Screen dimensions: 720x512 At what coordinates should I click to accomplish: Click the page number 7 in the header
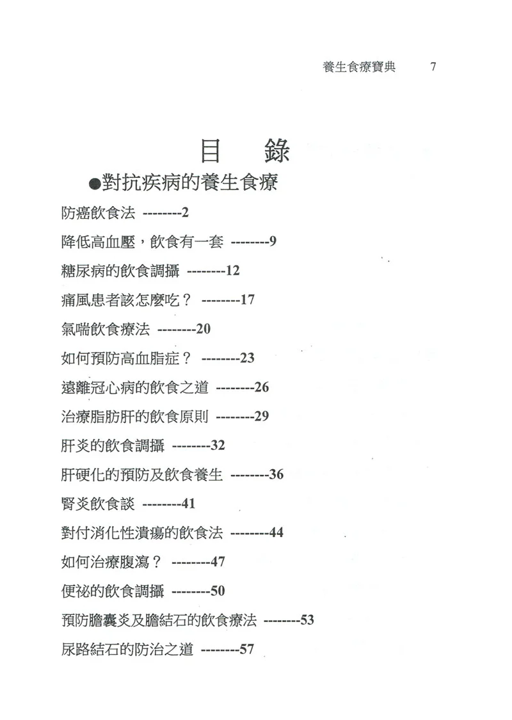point(433,67)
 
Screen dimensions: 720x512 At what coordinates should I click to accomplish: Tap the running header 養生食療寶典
point(359,67)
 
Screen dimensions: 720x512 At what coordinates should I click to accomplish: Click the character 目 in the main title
point(214,150)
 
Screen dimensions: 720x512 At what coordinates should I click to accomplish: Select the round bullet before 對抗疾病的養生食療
point(93,185)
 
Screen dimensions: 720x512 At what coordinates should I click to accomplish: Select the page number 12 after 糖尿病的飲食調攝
point(232,271)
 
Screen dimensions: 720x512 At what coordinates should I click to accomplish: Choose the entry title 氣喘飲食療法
point(103,330)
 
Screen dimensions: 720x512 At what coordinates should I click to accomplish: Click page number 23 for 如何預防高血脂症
point(247,358)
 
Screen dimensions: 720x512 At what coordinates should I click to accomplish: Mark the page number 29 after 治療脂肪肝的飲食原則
point(261,417)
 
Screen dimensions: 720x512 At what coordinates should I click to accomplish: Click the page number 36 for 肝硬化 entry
point(276,475)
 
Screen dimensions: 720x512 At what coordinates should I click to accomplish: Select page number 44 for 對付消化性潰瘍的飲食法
point(276,532)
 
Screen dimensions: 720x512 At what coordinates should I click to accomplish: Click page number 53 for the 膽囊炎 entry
point(307,620)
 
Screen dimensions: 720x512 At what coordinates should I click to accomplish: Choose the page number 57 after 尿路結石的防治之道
point(247,650)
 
